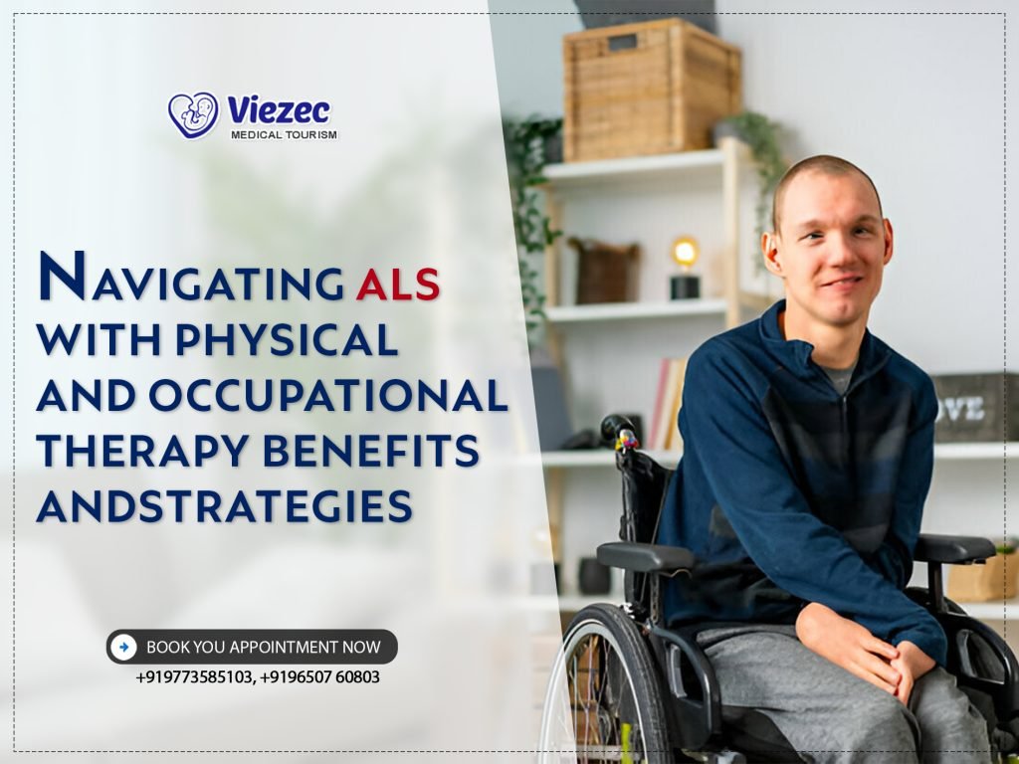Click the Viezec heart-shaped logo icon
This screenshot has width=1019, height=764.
(193, 114)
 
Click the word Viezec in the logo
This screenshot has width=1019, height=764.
(278, 109)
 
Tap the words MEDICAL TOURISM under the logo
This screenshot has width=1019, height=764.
(284, 134)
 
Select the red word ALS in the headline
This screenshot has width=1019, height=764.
(397, 283)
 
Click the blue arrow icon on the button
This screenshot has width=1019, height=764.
(123, 647)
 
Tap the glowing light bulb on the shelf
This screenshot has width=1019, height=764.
(684, 253)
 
